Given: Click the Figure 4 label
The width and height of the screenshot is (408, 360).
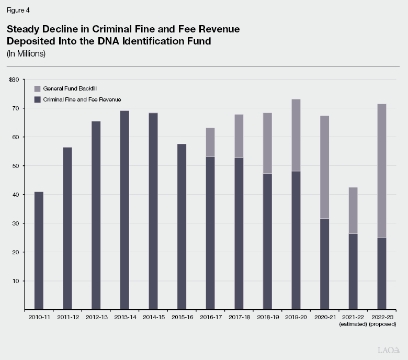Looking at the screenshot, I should [x=18, y=9].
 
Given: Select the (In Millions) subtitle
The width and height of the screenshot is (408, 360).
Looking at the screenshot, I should [x=26, y=54].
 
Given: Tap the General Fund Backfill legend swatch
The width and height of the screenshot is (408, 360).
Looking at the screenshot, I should [x=37, y=89].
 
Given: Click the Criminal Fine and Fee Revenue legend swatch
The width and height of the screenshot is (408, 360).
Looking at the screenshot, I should [x=37, y=99].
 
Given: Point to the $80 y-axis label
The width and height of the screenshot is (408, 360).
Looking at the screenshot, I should [x=14, y=80].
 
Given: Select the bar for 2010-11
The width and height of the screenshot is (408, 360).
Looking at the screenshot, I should [x=39, y=251].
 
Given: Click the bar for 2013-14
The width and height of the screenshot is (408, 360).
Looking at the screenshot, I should [x=124, y=210].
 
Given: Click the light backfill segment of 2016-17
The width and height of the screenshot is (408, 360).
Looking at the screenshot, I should [x=210, y=142].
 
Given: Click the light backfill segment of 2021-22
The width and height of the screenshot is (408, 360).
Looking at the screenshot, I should [x=353, y=210].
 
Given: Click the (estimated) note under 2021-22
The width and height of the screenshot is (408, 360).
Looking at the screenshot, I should [x=354, y=324].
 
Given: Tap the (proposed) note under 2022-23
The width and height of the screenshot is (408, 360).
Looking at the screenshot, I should [x=382, y=324].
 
